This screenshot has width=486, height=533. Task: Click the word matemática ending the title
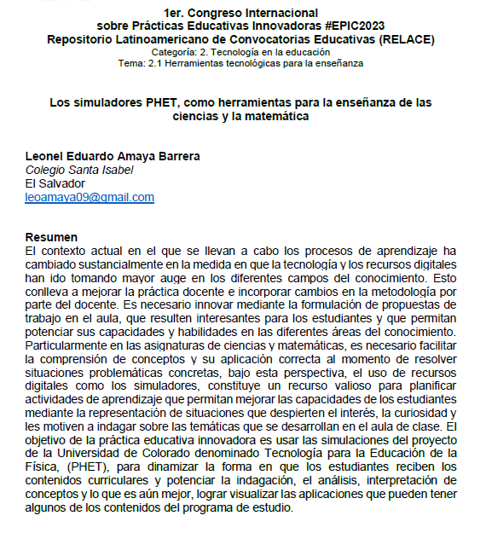pyautogui.click(x=269, y=117)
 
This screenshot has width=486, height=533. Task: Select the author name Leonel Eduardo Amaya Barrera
pyautogui.click(x=113, y=156)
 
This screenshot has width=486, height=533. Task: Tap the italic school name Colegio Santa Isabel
pyautogui.click(x=79, y=170)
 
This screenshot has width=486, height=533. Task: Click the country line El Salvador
pyautogui.click(x=55, y=183)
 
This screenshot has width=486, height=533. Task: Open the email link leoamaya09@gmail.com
pyautogui.click(x=90, y=197)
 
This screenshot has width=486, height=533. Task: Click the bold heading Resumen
pyautogui.click(x=51, y=236)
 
